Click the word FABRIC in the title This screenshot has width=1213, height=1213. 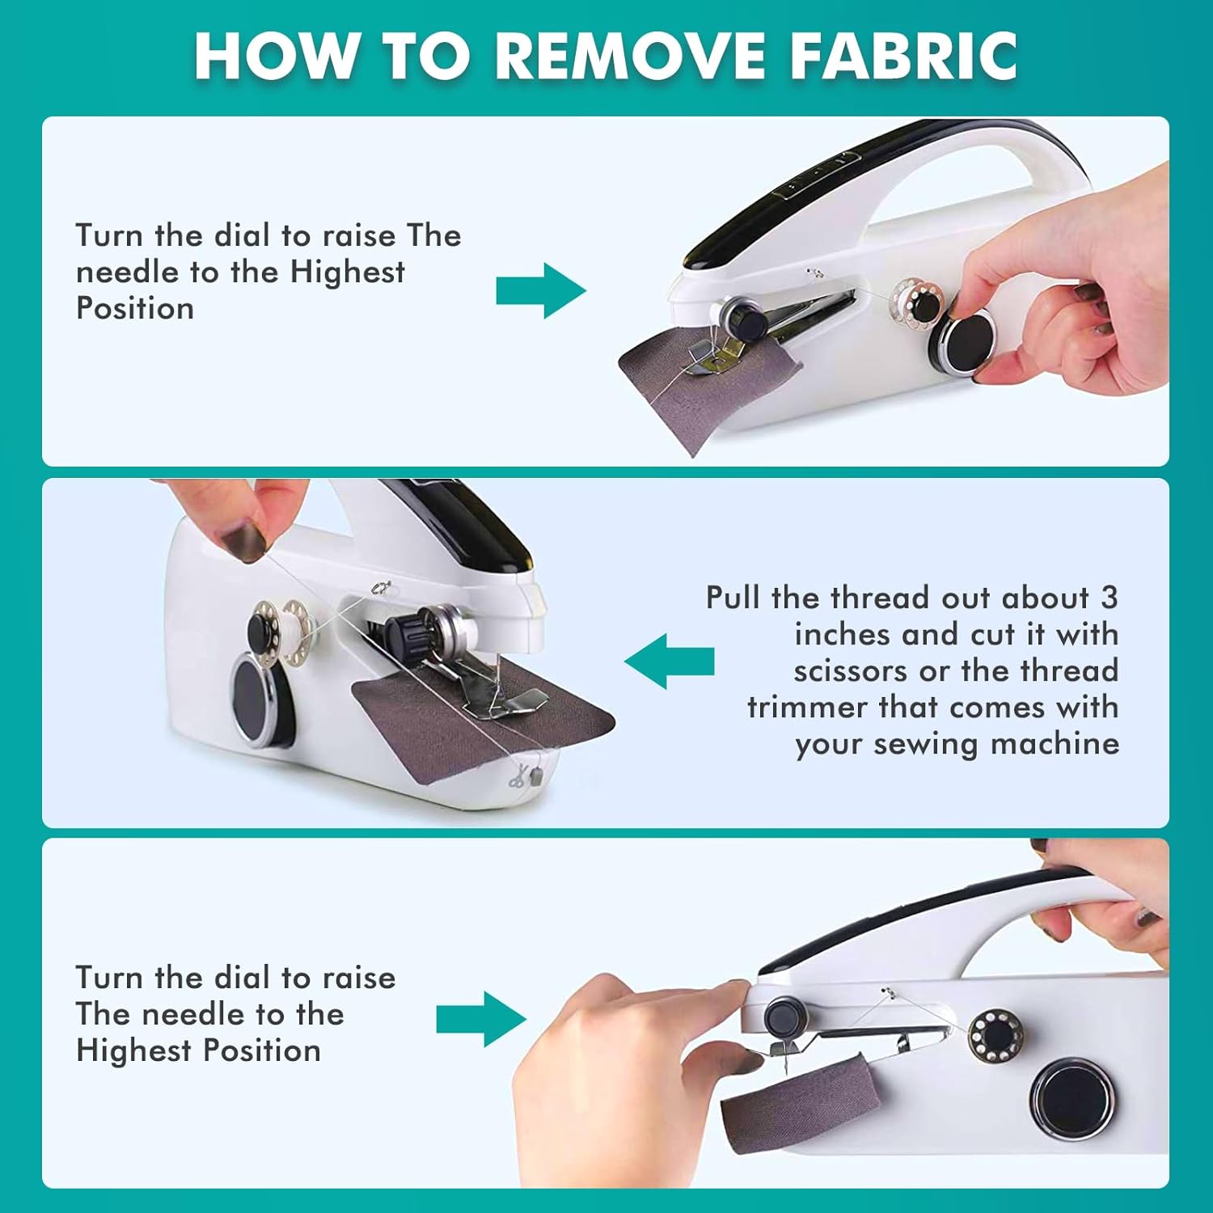[x=903, y=56]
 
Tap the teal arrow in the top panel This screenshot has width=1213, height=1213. [x=541, y=290]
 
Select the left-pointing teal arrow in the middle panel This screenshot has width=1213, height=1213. [x=670, y=661]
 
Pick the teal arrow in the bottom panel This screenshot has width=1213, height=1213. [x=481, y=1019]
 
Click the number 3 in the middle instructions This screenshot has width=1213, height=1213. [x=1109, y=598]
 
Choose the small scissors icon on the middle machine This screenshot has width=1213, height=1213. [x=517, y=776]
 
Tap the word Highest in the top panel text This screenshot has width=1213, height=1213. [x=347, y=272]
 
